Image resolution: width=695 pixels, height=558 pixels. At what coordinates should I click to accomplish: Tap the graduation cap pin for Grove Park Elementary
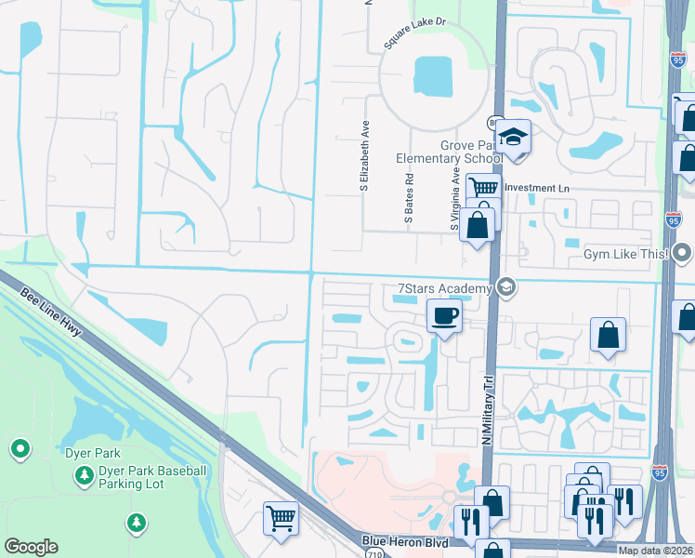point(512,138)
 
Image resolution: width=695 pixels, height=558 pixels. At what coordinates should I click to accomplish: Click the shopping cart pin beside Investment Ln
point(482,188)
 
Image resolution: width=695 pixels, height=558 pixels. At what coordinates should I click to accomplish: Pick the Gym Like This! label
point(626,254)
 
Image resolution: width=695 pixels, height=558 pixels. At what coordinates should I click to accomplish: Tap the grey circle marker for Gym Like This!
point(684,253)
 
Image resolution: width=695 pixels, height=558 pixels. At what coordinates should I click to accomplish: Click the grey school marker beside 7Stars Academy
point(506,287)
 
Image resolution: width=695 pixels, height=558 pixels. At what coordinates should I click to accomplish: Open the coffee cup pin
point(444,316)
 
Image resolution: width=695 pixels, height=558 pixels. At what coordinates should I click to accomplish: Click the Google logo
point(31,547)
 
